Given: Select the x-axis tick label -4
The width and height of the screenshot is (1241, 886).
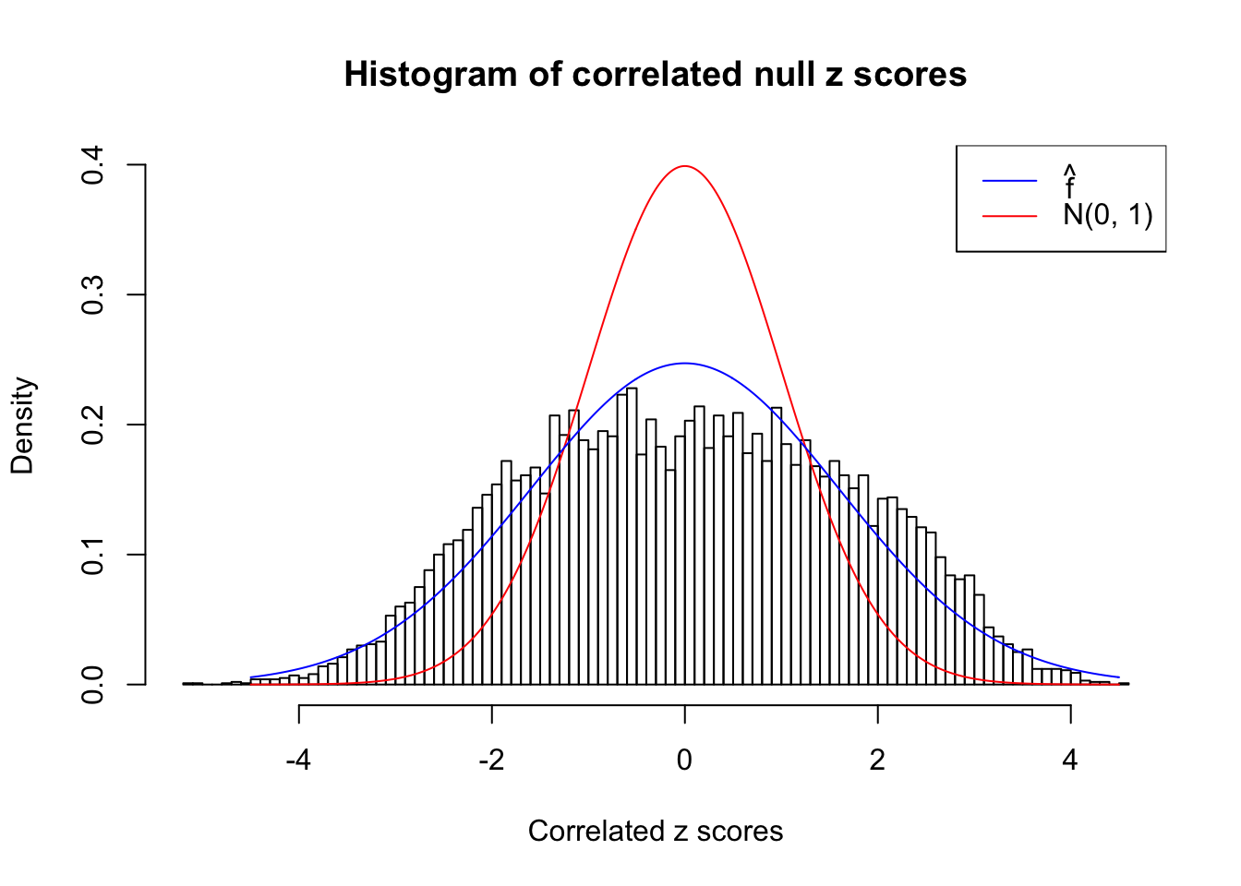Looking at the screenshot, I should coord(298,760).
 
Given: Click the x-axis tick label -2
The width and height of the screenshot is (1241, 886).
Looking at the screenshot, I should coord(491,760).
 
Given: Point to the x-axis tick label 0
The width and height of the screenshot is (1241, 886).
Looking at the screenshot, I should coord(684,760).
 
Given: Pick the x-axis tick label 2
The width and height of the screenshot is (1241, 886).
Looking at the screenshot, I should coord(877,760).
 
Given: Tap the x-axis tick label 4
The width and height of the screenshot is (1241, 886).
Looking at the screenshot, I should coord(1070,760).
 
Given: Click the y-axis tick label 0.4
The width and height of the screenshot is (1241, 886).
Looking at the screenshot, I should coord(92,165).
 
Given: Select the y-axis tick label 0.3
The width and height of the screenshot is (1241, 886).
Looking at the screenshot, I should coord(92,295).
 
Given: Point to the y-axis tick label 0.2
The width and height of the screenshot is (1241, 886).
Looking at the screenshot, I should coord(92,425).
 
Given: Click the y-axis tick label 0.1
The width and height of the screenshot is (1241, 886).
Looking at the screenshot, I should coord(92,555).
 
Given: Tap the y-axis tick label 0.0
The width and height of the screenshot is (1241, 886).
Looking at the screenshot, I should coord(92,685).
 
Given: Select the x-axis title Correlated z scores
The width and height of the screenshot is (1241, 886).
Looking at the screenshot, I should coord(656,832).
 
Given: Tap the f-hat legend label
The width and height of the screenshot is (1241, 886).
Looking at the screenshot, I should coord(1070,184).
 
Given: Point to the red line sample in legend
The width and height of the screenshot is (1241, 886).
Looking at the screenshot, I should coord(1009,216).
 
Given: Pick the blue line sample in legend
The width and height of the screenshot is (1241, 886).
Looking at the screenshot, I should coord(1009,181).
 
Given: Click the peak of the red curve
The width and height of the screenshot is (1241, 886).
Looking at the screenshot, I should coord(684,166).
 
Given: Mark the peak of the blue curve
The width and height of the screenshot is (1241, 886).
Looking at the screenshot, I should coord(684,363).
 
